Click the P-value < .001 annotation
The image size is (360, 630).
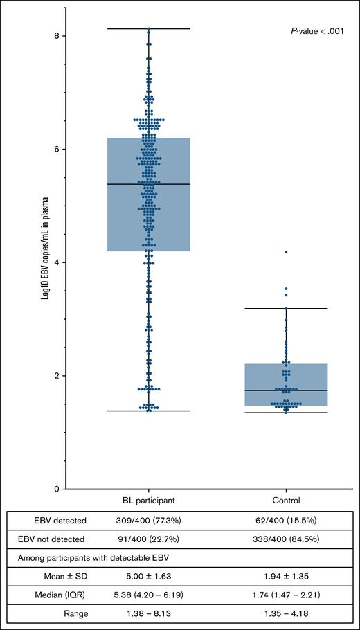click(x=321, y=31)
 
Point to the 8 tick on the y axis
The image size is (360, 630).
click(x=62, y=35)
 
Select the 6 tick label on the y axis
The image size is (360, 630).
click(x=62, y=149)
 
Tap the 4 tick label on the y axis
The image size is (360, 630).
click(x=62, y=262)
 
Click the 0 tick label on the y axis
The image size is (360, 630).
click(x=62, y=489)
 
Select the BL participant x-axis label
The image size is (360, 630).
click(x=147, y=499)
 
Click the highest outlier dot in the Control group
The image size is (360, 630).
click(x=286, y=252)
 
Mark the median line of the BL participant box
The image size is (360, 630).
click(x=147, y=184)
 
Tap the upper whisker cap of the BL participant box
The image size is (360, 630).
click(x=147, y=28)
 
